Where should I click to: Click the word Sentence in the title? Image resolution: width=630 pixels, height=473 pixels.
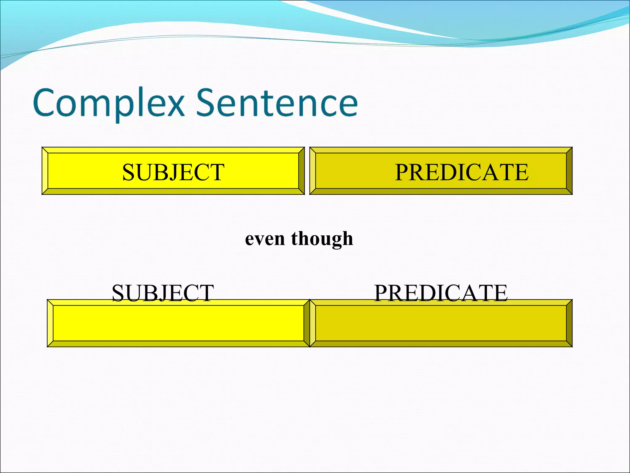[277, 103]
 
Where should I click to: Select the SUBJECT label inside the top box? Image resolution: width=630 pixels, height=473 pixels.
[173, 172]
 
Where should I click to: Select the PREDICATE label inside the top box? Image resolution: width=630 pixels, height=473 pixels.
[461, 172]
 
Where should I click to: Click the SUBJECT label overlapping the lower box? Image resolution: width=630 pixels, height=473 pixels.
[163, 293]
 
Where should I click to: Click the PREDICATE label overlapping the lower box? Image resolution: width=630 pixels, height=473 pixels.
[441, 293]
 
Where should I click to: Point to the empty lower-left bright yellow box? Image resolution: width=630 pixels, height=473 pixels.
[178, 323]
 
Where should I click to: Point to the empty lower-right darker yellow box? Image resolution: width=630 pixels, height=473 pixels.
[441, 323]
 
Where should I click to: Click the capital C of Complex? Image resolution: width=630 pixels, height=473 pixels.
[46, 102]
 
